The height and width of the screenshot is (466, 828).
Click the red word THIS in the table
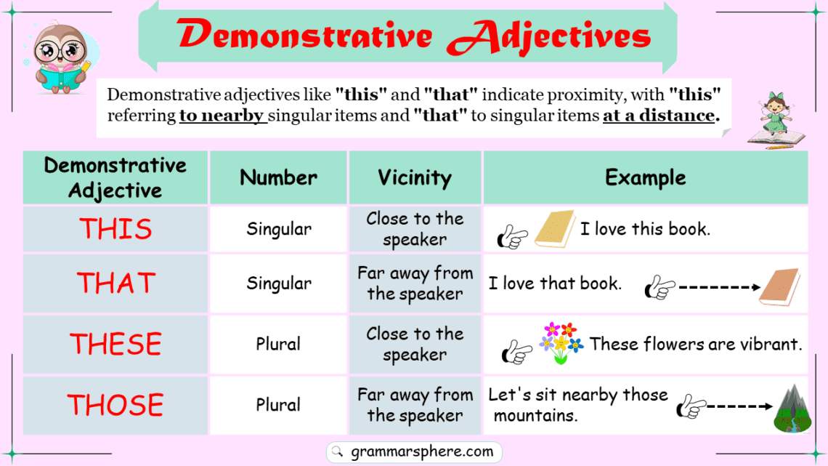click(115, 229)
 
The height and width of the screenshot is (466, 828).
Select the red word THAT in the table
click(115, 283)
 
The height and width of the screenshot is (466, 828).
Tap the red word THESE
click(115, 344)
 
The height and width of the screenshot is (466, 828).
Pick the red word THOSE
click(115, 405)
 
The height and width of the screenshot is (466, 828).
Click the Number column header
click(278, 177)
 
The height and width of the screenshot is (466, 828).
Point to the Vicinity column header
click(415, 177)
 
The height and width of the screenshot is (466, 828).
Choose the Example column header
click(645, 177)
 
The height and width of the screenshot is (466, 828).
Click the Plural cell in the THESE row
click(278, 344)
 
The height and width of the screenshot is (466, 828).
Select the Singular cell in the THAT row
click(278, 283)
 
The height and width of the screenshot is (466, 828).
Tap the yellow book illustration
click(554, 230)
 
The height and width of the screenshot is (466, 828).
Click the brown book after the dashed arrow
click(779, 287)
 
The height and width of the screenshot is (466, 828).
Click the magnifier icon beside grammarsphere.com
click(337, 452)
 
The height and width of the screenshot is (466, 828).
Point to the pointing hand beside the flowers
click(517, 353)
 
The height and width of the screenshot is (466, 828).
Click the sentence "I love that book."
click(555, 283)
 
